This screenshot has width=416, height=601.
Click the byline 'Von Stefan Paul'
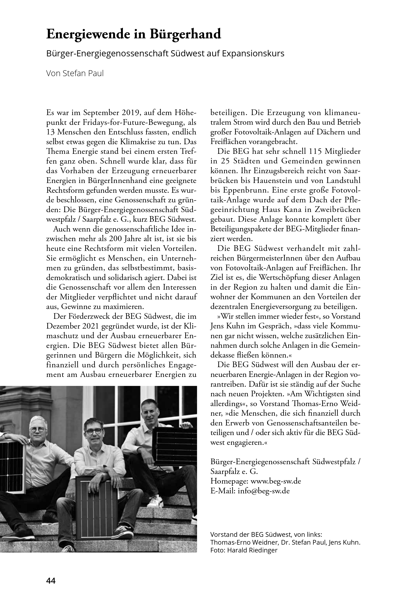click(75, 74)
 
